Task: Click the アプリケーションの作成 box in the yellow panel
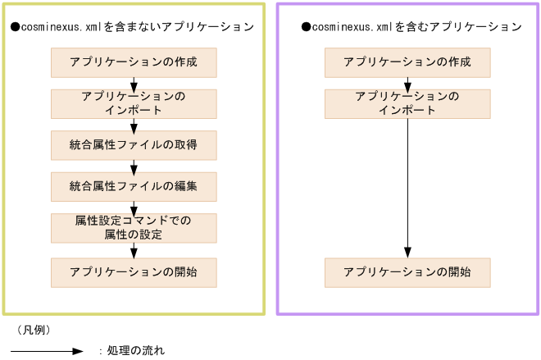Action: coord(134,62)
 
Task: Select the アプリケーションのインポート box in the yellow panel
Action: coord(134,104)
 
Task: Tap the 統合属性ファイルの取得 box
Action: coord(134,145)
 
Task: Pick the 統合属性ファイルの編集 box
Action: coord(134,187)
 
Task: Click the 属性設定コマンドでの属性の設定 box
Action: coord(134,228)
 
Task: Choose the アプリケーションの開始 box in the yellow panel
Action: coord(134,272)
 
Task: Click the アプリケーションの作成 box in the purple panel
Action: coord(407,62)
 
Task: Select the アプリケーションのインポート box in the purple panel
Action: coord(407,104)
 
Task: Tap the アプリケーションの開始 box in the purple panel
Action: coord(407,272)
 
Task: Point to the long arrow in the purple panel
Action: coord(407,189)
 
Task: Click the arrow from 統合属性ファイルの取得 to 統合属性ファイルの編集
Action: coord(134,166)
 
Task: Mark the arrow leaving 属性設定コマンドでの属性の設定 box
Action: coord(134,250)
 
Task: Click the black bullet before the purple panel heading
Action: coord(306,27)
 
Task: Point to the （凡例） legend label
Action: coord(34,330)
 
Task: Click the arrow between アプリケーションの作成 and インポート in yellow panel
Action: coord(134,84)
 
